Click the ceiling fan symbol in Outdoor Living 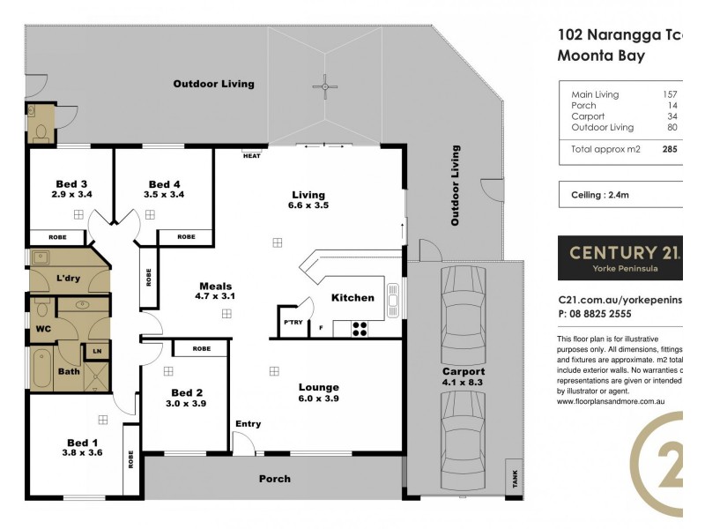(325, 86)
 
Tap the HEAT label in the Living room (251, 156)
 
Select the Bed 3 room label (70, 183)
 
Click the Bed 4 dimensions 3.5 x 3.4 (164, 194)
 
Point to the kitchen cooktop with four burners (360, 328)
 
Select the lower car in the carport (464, 433)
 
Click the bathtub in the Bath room (41, 369)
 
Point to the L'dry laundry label (69, 279)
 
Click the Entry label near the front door (248, 424)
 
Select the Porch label (274, 479)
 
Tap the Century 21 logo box (620, 257)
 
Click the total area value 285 (669, 149)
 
